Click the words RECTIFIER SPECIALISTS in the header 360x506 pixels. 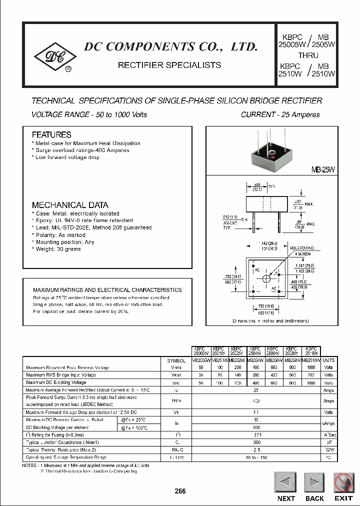(169, 65)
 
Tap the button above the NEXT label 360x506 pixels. (285, 483)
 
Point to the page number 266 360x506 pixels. (180, 491)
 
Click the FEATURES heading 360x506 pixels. (51, 134)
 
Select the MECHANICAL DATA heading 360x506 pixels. (70, 205)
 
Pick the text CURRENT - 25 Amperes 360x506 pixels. (280, 114)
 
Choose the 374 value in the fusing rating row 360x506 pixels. (256, 435)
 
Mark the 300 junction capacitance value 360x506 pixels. (256, 442)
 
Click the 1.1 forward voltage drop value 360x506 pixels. (256, 412)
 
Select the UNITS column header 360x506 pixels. (328, 360)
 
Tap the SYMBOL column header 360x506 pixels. (176, 360)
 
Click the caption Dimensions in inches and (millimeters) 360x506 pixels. (271, 321)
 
